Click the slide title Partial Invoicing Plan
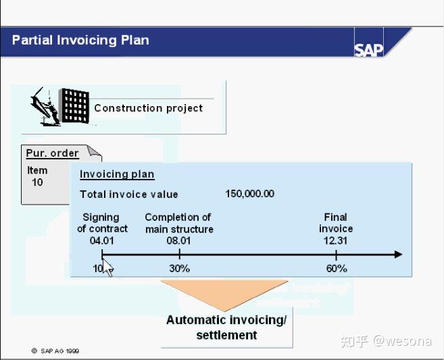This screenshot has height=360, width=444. [x=80, y=40]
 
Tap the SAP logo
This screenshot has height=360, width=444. [x=368, y=49]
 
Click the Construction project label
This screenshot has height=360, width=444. [x=148, y=108]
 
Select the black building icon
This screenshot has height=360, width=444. [x=75, y=105]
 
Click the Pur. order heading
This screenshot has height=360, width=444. [x=52, y=153]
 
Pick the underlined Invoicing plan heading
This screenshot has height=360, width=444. [x=117, y=174]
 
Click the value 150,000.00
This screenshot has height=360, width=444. [x=249, y=194]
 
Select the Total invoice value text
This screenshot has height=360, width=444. [x=129, y=195]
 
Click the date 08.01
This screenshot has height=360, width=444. [x=179, y=240]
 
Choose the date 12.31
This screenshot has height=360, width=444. [x=336, y=240]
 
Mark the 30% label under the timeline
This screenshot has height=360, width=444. [x=179, y=268]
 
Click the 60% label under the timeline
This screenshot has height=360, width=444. [x=336, y=268]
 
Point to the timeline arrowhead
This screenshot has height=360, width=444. [x=397, y=255]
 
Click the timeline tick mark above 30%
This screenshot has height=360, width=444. [x=179, y=254]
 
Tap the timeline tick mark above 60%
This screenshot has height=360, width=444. [x=336, y=254]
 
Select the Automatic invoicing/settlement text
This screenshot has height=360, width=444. [x=226, y=327]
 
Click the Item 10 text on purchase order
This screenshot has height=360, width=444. [x=37, y=176]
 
